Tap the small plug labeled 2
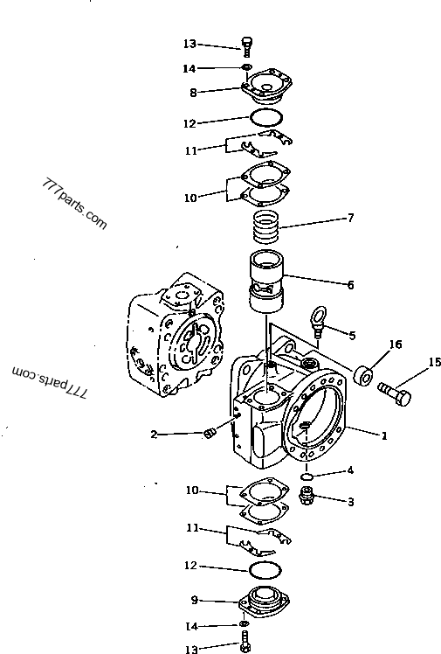click(x=209, y=435)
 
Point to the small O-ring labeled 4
click(x=307, y=477)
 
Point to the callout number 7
click(x=350, y=218)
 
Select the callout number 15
click(x=434, y=361)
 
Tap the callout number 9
click(x=195, y=600)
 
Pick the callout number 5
click(x=352, y=335)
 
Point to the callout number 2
click(x=154, y=434)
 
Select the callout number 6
click(x=350, y=285)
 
